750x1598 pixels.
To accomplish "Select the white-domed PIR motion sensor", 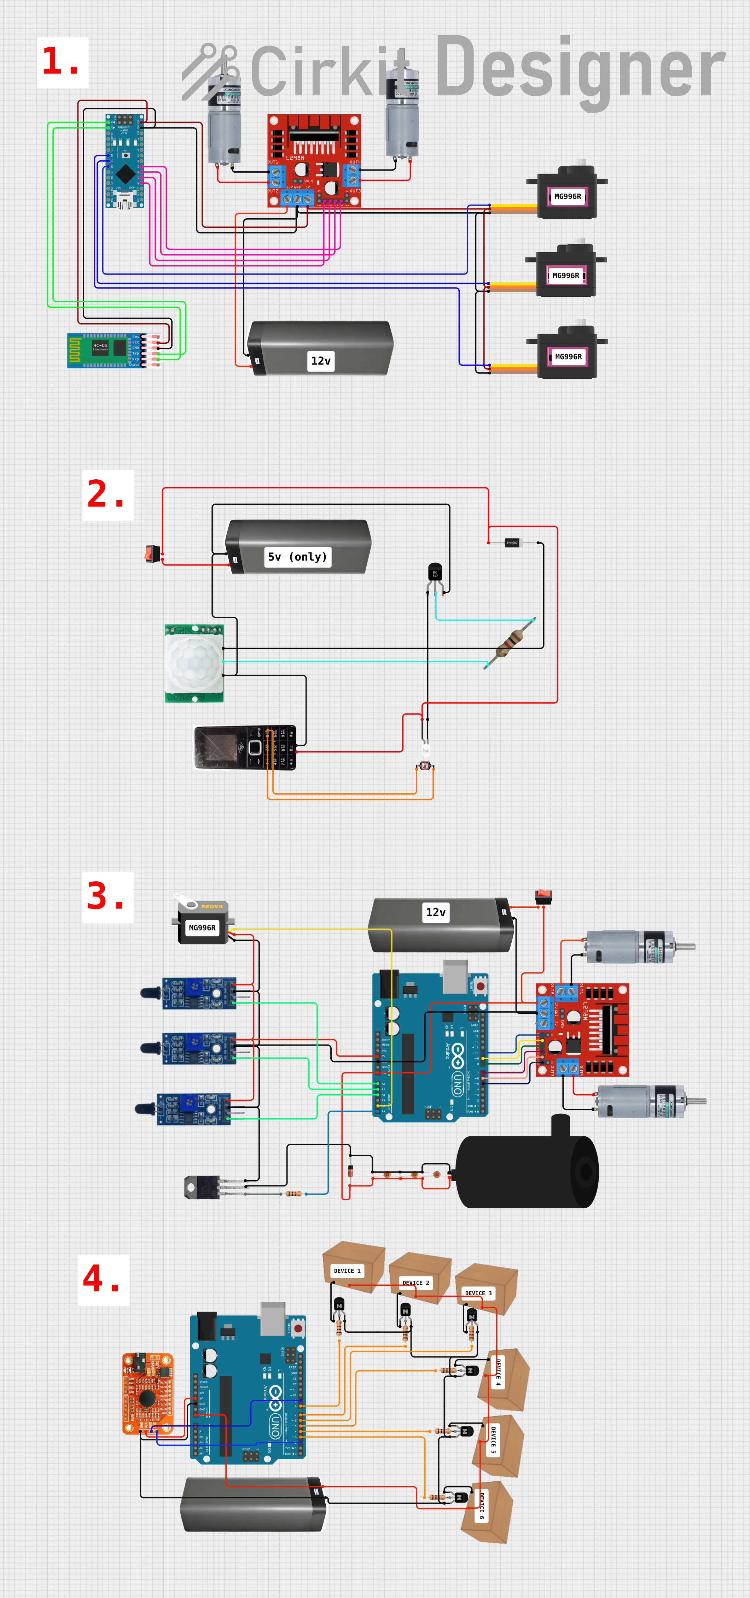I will [x=194, y=663].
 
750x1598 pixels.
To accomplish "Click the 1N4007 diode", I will [x=512, y=543].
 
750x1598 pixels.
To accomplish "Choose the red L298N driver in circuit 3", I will [x=582, y=1030].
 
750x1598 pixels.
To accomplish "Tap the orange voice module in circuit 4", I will [x=147, y=1393].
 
